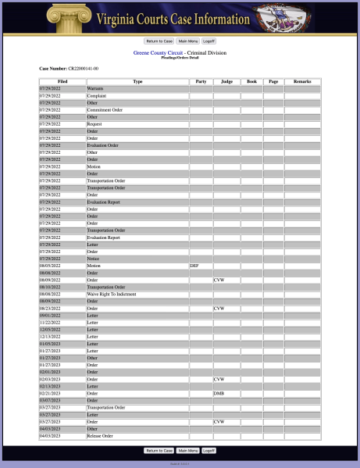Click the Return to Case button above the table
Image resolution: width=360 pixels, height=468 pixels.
click(x=159, y=41)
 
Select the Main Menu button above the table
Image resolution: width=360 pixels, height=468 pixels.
click(x=187, y=41)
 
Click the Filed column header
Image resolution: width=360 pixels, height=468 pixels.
click(x=62, y=81)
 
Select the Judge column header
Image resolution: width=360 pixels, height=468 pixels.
click(x=226, y=81)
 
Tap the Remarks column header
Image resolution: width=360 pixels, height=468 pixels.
click(x=302, y=81)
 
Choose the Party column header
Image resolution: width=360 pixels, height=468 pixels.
click(x=201, y=81)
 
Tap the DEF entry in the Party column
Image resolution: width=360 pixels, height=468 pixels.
click(x=194, y=266)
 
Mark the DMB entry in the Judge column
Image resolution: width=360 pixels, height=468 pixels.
click(x=219, y=393)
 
